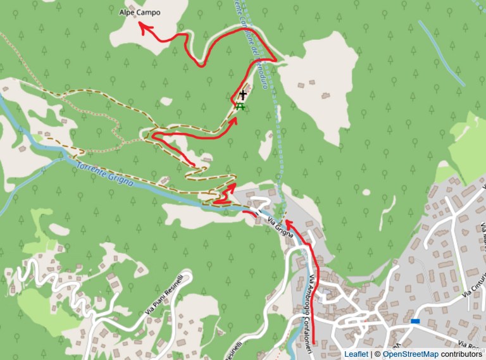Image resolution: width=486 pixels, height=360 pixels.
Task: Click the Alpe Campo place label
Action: click(140, 12)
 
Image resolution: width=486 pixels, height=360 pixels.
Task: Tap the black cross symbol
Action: click(242, 96)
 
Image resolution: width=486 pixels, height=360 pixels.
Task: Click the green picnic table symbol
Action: click(240, 107)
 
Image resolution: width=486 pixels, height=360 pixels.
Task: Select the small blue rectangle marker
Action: click(415, 321)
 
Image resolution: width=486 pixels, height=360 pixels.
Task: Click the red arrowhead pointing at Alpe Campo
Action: click(142, 26)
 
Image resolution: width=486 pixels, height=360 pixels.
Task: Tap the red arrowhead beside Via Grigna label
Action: click(287, 222)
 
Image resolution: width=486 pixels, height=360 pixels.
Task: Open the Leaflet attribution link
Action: click(355, 354)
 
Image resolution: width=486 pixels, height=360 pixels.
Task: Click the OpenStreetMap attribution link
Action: click(411, 354)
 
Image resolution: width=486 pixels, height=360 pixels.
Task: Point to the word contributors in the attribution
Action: click(461, 354)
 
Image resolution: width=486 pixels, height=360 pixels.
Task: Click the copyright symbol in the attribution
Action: click(377, 354)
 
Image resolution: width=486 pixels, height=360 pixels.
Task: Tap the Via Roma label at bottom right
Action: click(471, 345)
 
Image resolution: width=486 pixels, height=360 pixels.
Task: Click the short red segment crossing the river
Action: click(250, 213)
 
